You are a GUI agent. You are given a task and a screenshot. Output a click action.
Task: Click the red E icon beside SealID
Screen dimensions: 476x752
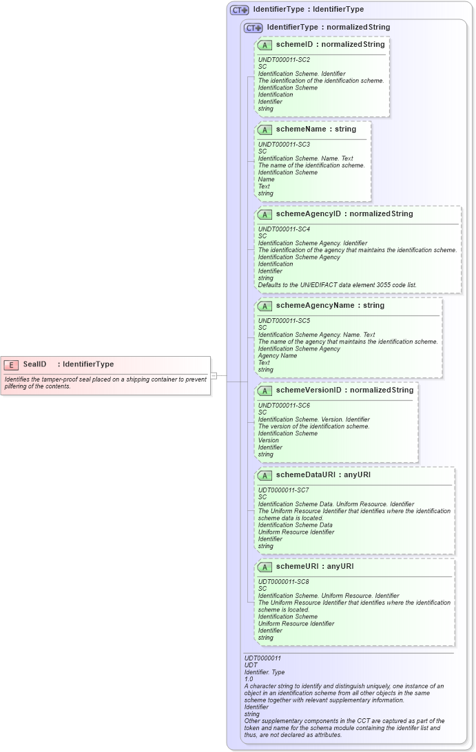click(x=11, y=364)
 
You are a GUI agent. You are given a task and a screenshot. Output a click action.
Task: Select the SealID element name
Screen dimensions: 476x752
click(x=34, y=364)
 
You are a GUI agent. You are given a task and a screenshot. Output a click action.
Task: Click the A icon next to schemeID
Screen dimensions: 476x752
click(x=265, y=45)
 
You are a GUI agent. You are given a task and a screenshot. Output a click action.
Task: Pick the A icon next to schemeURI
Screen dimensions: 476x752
click(x=265, y=567)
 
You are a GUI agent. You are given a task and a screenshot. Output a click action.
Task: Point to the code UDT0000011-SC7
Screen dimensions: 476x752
click(x=283, y=490)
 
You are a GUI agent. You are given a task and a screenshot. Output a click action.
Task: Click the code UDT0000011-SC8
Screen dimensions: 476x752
click(x=283, y=581)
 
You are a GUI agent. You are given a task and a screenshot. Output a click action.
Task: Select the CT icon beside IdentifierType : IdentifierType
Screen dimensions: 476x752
click(x=240, y=10)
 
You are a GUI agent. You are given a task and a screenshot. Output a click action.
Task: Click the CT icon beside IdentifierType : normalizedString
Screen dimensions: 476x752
click(x=253, y=28)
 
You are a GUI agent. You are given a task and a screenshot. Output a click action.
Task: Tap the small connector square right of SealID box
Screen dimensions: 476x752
click(x=214, y=375)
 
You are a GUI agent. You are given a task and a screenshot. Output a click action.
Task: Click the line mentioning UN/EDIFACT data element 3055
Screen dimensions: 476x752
click(x=337, y=284)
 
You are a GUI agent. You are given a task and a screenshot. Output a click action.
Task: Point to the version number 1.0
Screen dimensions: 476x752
click(x=249, y=679)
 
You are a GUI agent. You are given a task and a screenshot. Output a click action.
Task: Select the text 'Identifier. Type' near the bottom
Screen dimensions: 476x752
click(x=265, y=672)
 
